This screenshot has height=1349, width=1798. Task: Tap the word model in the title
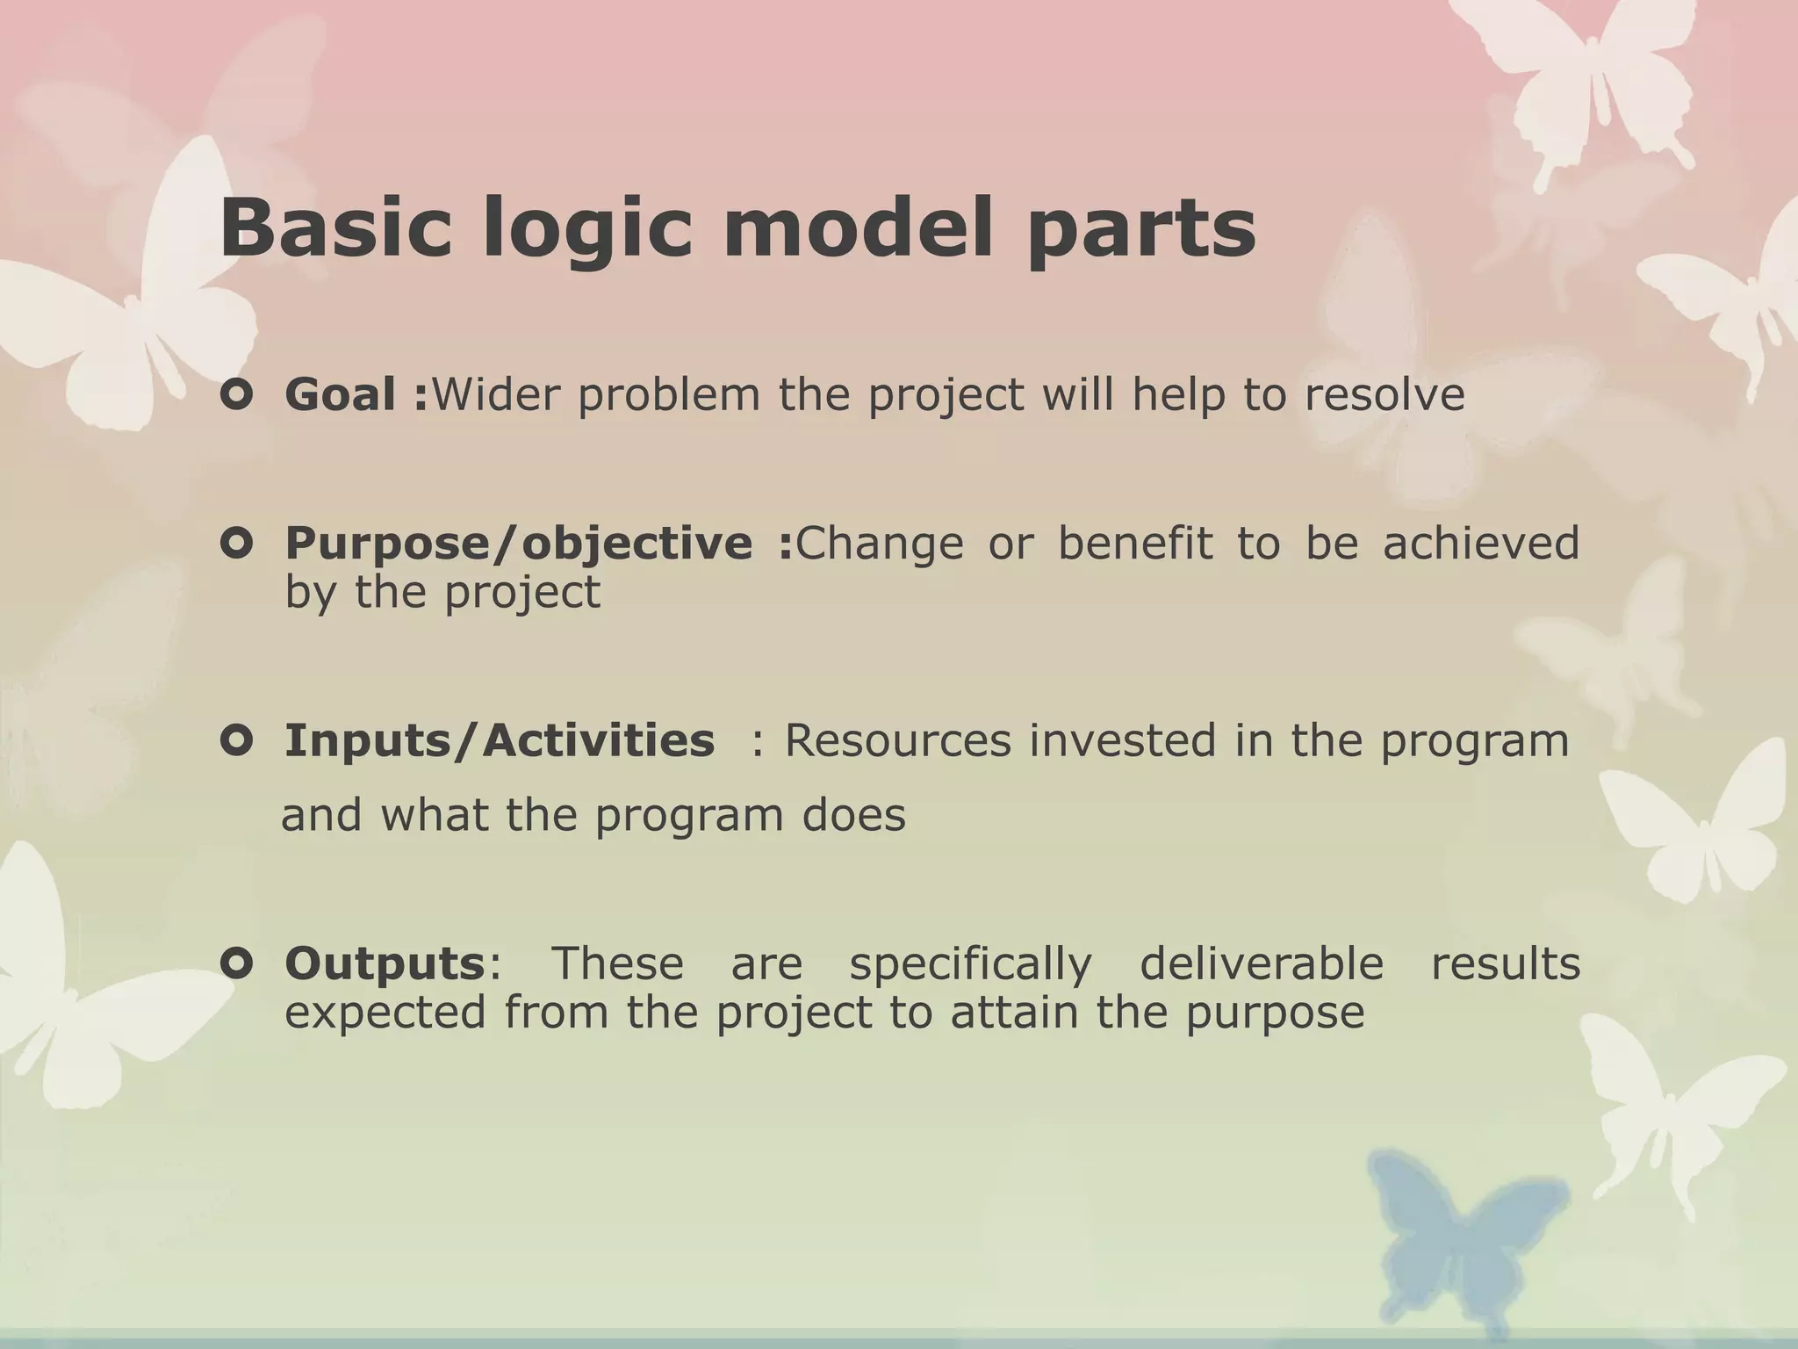click(858, 227)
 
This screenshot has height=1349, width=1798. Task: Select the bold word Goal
click(340, 394)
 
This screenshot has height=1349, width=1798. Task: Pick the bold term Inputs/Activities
click(500, 740)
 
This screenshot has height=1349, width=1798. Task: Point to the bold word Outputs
click(385, 963)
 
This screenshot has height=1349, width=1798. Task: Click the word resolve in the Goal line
click(1384, 394)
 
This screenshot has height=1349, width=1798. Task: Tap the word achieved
click(1481, 543)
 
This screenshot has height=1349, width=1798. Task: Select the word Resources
click(897, 740)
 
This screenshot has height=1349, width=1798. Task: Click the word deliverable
click(1262, 963)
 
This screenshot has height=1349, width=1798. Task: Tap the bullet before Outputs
click(237, 964)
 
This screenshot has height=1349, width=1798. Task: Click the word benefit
click(1135, 543)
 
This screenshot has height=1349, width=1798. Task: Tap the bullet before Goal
click(237, 395)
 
